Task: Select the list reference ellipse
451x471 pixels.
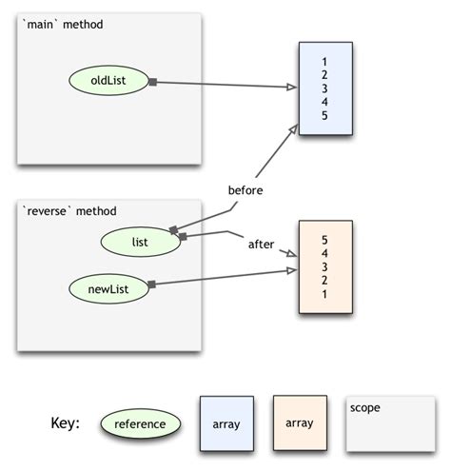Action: tap(140, 242)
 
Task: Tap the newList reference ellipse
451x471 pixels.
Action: tap(109, 284)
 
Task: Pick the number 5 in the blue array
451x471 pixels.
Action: tap(325, 115)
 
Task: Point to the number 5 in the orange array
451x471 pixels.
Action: tap(325, 240)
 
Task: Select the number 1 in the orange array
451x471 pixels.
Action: tap(325, 295)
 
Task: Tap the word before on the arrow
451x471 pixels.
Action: tap(245, 189)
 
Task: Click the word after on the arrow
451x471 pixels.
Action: tap(261, 244)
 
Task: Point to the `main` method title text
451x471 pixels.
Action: tap(62, 24)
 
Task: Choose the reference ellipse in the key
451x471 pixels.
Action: tap(140, 423)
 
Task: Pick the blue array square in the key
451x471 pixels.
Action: tap(226, 422)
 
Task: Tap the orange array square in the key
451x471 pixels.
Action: tap(300, 422)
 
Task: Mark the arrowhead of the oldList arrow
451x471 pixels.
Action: tap(292, 88)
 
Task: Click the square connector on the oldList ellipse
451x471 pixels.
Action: tap(152, 83)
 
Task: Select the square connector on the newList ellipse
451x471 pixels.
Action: tap(151, 283)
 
